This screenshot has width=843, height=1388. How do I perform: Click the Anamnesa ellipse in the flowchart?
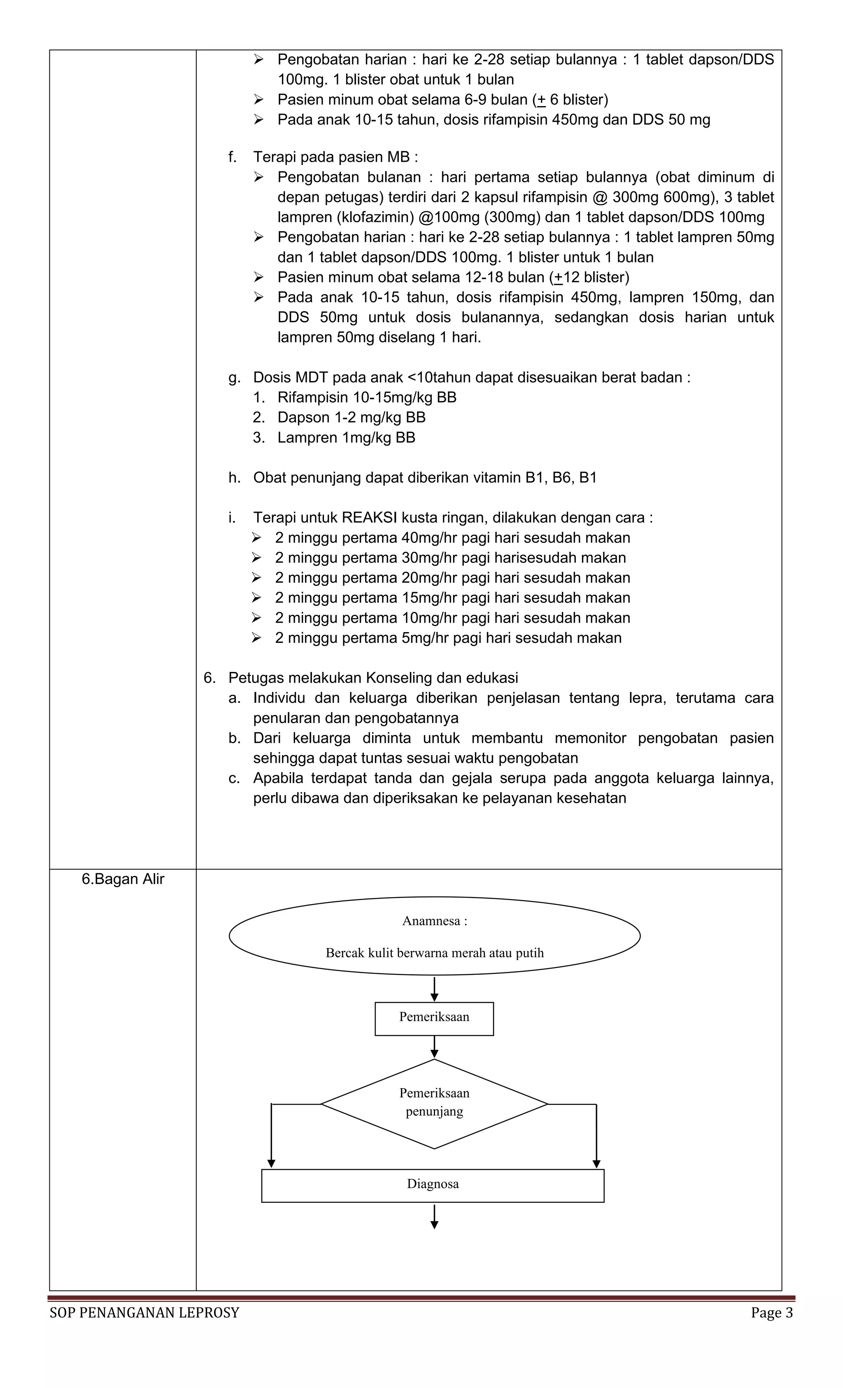[x=434, y=936]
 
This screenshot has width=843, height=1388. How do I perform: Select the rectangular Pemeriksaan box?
[x=434, y=1018]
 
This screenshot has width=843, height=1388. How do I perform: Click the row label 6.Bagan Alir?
[x=123, y=879]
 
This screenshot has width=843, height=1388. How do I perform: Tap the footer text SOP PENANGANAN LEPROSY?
[x=144, y=1313]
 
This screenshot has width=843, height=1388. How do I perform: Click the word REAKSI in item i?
[x=369, y=518]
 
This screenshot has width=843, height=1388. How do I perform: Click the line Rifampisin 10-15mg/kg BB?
[x=366, y=398]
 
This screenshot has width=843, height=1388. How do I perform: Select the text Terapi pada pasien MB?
[x=335, y=157]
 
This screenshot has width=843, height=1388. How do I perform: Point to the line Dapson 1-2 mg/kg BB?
[x=351, y=417]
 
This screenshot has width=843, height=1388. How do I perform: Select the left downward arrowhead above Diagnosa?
[x=272, y=1164]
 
